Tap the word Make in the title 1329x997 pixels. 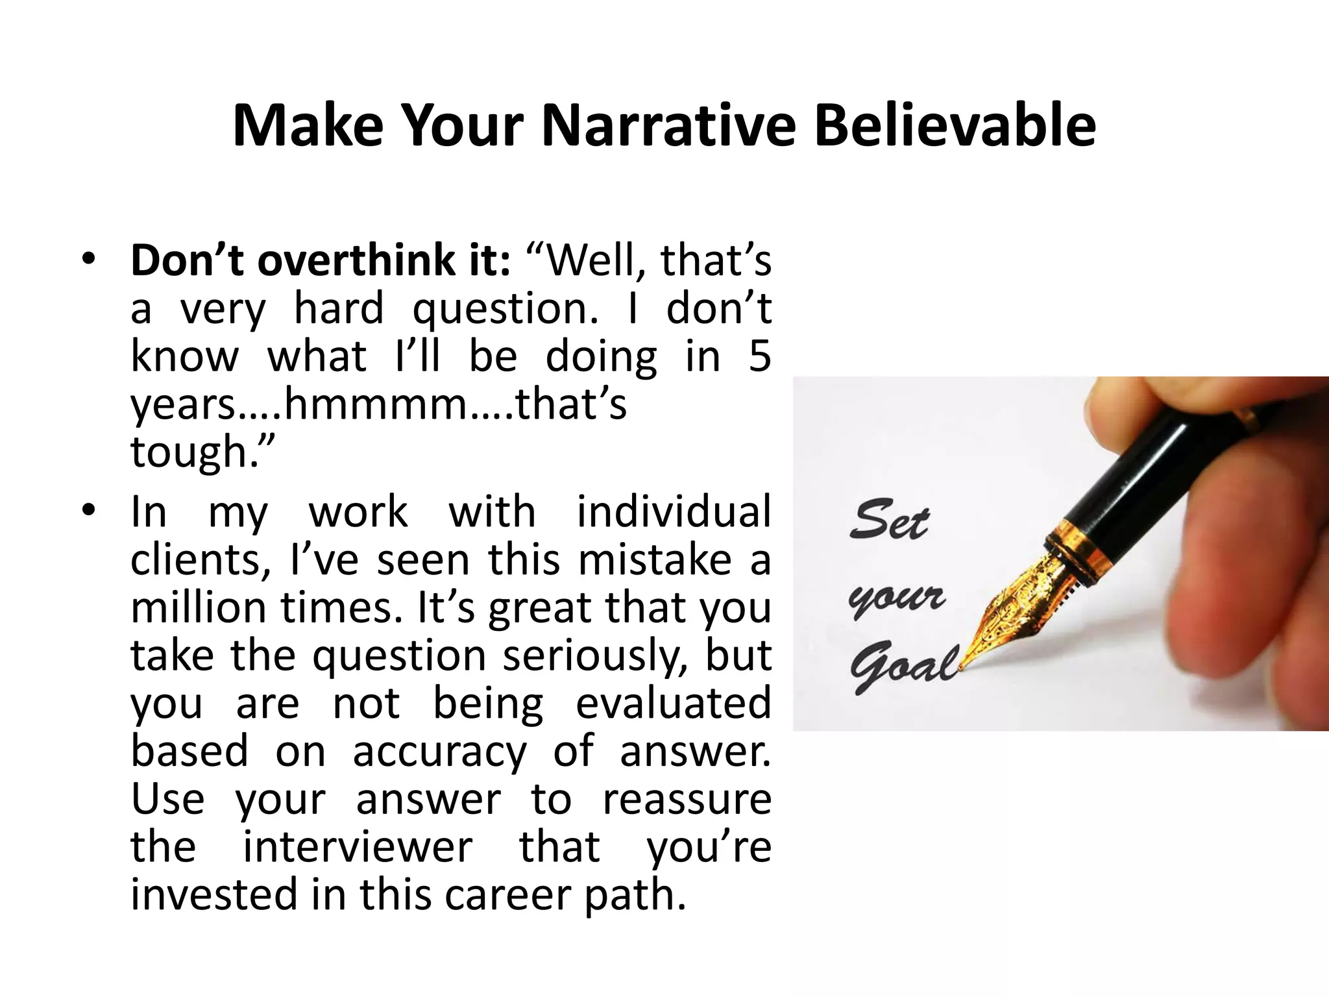308,125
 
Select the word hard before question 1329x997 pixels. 339,308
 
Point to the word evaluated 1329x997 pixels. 673,704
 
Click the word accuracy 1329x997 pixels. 439,752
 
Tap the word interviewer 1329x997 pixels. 358,847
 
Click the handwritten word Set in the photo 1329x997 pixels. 890,520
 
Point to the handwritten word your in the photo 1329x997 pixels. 896,598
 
